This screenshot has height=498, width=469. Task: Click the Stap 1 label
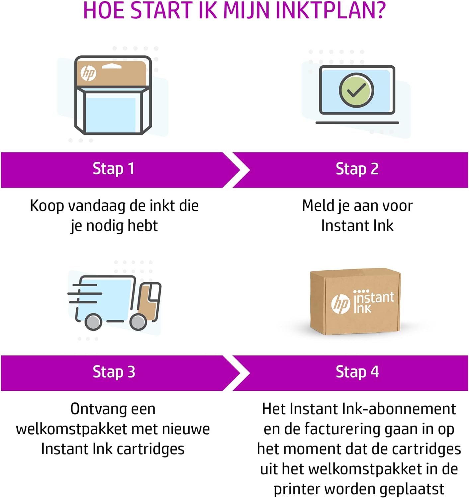coord(113,169)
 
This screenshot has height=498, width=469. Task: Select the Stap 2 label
coord(357,169)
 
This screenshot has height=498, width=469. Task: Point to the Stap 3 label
coord(114,372)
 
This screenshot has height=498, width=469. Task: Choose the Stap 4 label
coord(357,372)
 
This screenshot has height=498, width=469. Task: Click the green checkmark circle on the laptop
coord(356,90)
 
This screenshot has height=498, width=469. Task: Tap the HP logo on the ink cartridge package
coord(88,73)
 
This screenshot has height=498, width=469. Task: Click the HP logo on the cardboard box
coord(340,304)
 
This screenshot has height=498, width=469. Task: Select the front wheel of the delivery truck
coord(138,322)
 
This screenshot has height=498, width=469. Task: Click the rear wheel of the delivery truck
coord(93,322)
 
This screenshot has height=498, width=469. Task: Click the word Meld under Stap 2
coord(318,206)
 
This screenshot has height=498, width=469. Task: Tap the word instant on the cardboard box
coord(374,297)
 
